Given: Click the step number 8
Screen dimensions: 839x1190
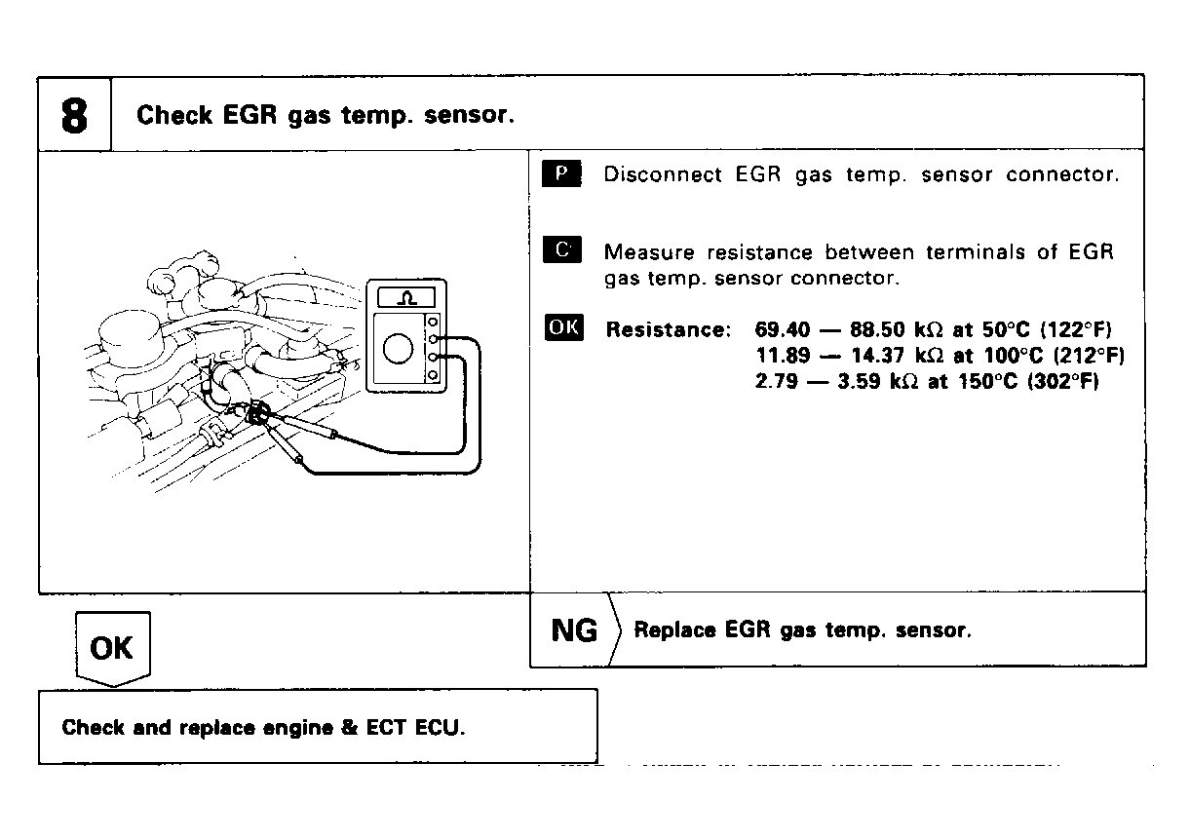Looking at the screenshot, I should [74, 116].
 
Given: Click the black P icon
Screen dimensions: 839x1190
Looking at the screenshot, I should [560, 174].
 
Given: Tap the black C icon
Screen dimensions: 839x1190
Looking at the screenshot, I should [560, 251].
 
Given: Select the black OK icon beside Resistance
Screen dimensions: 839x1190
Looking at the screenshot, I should [563, 327].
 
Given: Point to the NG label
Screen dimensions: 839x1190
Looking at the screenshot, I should [574, 630].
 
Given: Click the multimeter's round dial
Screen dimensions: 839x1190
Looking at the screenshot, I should [400, 349].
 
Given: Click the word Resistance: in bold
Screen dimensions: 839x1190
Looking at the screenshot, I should [668, 329].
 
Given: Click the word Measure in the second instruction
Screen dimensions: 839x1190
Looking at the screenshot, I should [649, 252].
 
